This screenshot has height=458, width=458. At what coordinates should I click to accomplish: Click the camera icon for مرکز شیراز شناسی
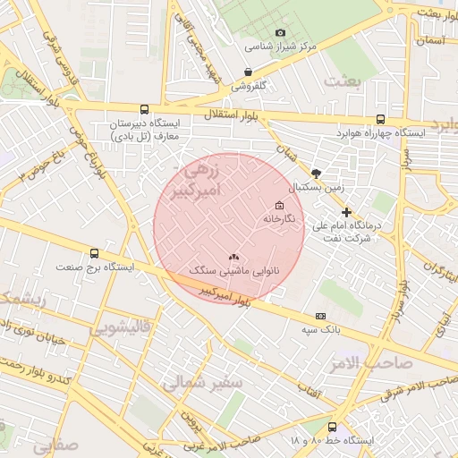(x=280, y=33)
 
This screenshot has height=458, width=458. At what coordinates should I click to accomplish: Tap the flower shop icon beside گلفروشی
(x=248, y=72)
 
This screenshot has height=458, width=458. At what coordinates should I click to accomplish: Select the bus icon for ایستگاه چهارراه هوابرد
(x=381, y=118)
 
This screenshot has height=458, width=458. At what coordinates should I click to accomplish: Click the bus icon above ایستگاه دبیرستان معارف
(x=145, y=107)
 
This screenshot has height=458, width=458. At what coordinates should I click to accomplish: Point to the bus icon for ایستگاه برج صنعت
(x=94, y=253)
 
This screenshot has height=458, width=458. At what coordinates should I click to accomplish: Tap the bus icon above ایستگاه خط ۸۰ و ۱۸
(x=333, y=427)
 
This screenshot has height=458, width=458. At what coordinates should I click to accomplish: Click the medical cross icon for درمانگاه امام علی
(x=347, y=212)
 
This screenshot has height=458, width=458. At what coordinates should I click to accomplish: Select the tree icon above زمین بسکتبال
(x=315, y=174)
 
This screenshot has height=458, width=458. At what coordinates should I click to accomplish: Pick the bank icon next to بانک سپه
(x=321, y=316)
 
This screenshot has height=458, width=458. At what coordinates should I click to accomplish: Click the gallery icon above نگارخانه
(x=280, y=205)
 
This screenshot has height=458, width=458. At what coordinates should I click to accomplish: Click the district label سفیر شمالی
(x=202, y=382)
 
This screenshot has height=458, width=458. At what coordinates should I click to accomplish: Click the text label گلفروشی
(x=250, y=87)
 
